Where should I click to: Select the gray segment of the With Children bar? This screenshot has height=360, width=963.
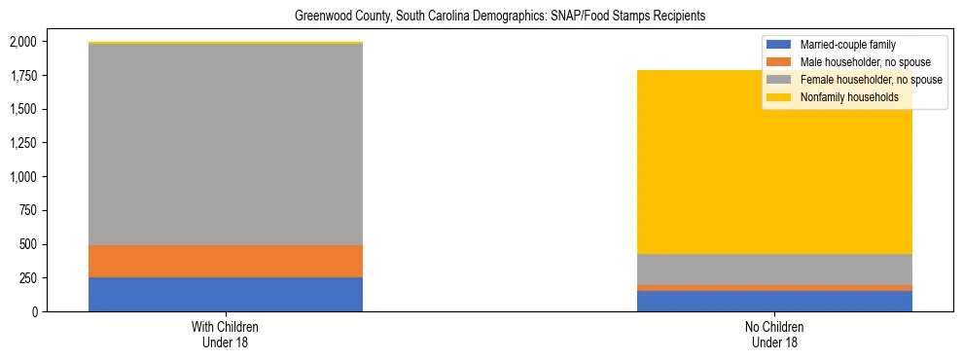click(226, 145)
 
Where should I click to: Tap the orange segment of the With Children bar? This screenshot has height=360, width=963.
click(226, 261)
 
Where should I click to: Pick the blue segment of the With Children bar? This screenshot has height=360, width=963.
click(226, 294)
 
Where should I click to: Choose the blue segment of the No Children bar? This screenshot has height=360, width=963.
click(775, 301)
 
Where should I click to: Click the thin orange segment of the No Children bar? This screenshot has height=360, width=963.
click(775, 288)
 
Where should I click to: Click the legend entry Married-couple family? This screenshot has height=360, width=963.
click(847, 45)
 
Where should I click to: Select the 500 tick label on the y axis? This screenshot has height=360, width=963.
click(28, 244)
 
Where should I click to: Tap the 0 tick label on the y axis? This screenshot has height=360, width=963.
click(35, 311)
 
